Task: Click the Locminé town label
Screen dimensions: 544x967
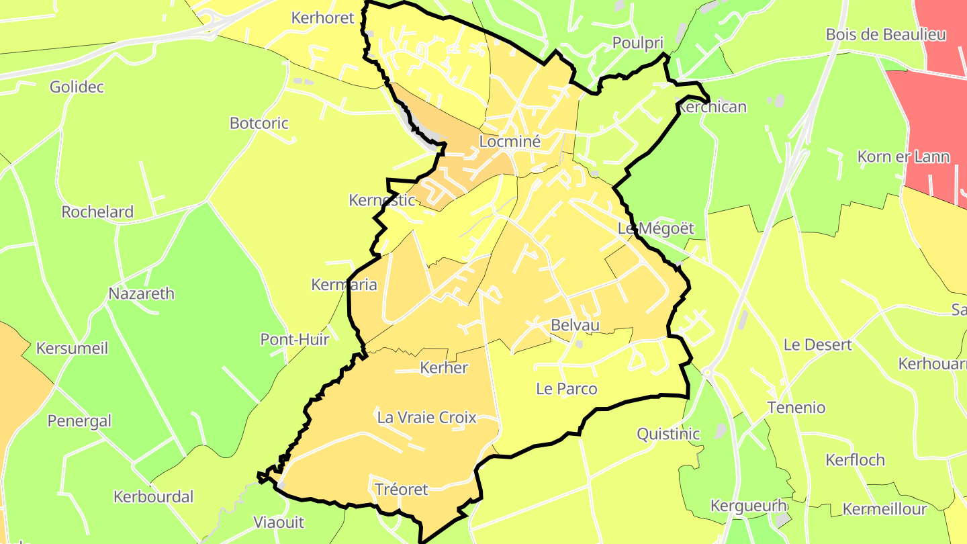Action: click(x=510, y=142)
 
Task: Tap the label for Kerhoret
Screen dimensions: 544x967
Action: click(x=322, y=18)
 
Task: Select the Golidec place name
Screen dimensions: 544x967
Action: click(x=77, y=87)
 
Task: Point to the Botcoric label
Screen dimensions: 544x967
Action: click(x=259, y=124)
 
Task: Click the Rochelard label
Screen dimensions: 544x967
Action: click(x=97, y=212)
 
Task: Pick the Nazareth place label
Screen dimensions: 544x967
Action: click(x=141, y=294)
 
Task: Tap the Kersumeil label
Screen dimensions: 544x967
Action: click(x=72, y=349)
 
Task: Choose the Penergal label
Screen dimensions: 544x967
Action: click(x=79, y=421)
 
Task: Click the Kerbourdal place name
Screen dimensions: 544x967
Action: click(x=153, y=497)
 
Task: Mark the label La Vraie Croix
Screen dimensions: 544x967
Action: click(x=427, y=418)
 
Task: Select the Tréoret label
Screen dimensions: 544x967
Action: click(x=402, y=490)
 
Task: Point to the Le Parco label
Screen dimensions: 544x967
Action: click(x=566, y=389)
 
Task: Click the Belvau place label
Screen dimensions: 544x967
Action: click(x=575, y=326)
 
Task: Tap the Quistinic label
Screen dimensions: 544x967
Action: click(x=668, y=434)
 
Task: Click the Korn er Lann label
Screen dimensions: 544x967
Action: click(x=903, y=157)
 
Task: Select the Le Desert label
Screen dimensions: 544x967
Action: click(x=817, y=345)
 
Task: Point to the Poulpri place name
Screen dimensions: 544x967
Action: click(x=637, y=44)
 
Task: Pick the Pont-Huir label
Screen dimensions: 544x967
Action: click(x=295, y=340)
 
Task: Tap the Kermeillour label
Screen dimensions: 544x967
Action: click(x=884, y=509)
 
